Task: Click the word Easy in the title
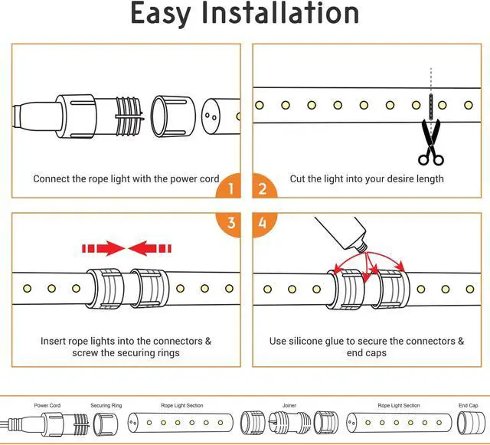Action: pos(166,15)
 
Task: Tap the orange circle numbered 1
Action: pos(230,188)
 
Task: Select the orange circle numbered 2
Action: pos(262,188)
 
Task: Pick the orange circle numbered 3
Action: pos(230,224)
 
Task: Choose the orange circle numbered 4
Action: pos(262,224)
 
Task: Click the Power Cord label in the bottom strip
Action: pos(47,406)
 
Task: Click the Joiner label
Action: pos(289,406)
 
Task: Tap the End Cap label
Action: pos(468,406)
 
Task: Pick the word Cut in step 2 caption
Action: pos(298,178)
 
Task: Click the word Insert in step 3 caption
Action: pos(56,341)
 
